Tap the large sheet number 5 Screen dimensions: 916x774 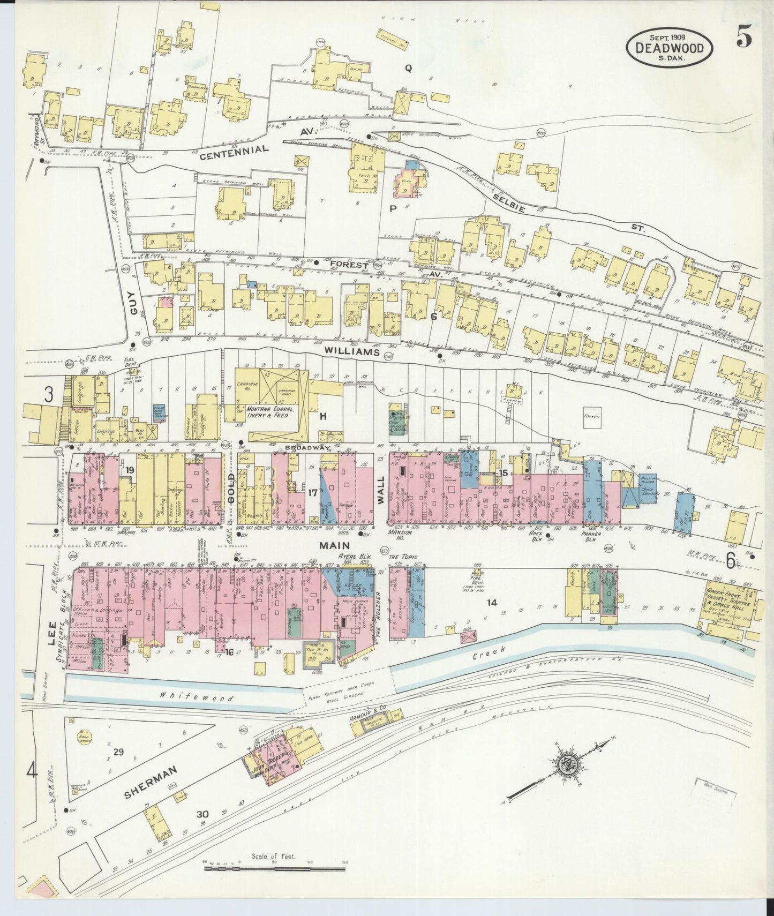click(743, 37)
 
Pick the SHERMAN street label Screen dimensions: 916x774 click(151, 782)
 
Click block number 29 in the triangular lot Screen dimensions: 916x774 click(118, 752)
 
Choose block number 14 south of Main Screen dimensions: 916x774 click(492, 603)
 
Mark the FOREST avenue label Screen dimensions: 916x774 click(349, 265)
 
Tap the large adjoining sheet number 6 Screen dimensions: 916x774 click(731, 559)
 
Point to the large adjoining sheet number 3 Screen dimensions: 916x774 click(49, 395)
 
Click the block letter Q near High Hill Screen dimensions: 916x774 click(408, 67)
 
